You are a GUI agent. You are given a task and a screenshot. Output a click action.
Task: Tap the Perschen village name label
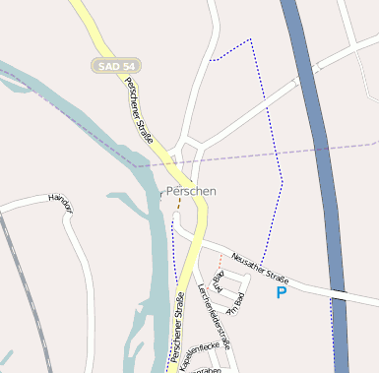[x=191, y=190]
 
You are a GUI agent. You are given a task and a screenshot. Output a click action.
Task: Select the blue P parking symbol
[x=283, y=292]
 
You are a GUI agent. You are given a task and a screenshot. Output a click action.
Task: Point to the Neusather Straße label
[x=260, y=269]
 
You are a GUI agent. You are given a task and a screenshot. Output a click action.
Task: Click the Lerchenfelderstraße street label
[x=214, y=315]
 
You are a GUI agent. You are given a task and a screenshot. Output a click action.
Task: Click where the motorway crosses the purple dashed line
[x=322, y=149]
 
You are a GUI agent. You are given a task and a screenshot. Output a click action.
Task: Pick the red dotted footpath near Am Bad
[x=220, y=260]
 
